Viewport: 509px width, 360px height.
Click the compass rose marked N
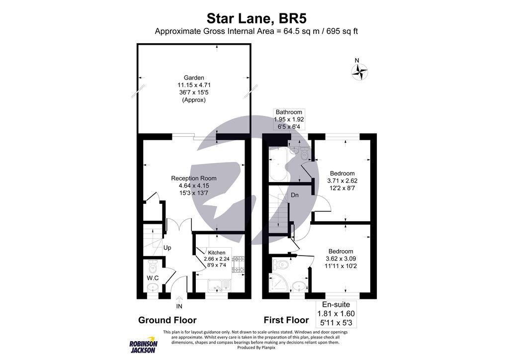point(360,73)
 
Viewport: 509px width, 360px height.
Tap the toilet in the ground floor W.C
point(153,265)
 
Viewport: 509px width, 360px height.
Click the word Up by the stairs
point(168,247)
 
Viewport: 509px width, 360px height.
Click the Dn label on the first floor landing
point(295,195)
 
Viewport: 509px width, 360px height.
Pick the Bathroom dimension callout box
point(289,120)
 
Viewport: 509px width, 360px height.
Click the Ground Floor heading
point(167,320)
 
